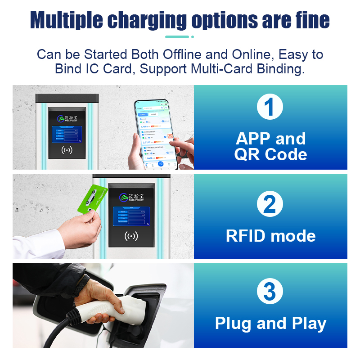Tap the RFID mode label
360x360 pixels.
270,236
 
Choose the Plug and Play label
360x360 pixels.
270,323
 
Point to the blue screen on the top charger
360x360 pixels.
67,134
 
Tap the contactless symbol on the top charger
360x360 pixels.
66,150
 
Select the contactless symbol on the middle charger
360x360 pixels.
130,236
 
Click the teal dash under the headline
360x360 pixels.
177,37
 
